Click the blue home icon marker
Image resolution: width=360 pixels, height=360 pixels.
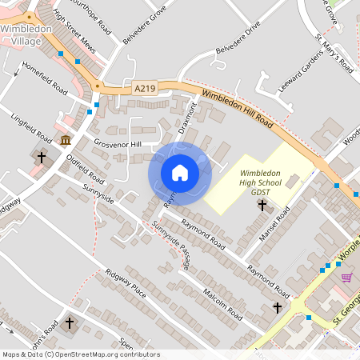(x=179, y=172)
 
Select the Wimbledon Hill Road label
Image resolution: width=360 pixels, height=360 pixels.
(x=238, y=110)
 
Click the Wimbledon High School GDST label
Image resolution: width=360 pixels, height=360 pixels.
(x=262, y=182)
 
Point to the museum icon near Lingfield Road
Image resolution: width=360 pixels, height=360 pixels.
(x=65, y=141)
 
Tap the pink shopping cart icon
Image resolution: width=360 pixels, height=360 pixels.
(x=346, y=277)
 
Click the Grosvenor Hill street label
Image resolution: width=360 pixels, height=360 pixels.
(x=116, y=144)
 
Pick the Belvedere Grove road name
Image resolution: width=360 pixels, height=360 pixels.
(x=143, y=26)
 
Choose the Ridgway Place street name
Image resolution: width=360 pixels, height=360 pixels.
(x=126, y=283)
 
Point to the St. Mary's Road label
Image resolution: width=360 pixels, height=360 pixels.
(x=334, y=54)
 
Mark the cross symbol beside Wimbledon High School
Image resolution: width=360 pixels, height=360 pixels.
(x=262, y=206)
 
